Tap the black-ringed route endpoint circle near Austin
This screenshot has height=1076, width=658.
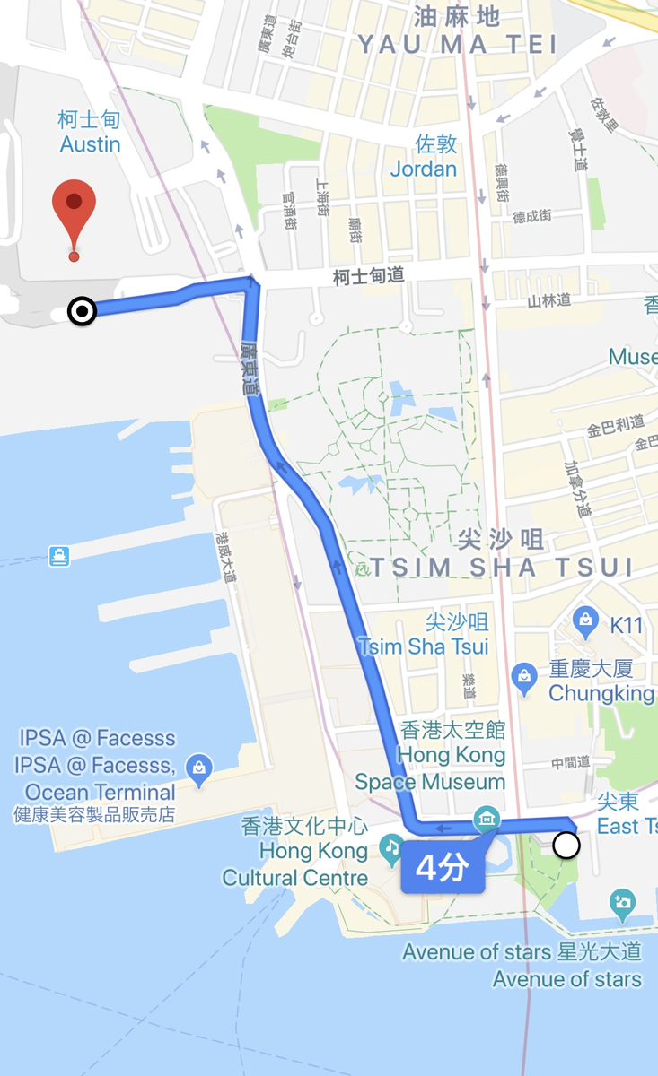[83, 311]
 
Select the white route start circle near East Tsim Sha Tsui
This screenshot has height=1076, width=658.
[566, 845]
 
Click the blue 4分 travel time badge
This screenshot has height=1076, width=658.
[443, 867]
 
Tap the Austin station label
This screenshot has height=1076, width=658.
[90, 132]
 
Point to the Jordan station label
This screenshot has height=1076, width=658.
[424, 156]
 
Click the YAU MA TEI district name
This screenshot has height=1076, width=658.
[457, 44]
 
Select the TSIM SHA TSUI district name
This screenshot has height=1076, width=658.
[502, 566]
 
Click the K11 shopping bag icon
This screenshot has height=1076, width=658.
[586, 619]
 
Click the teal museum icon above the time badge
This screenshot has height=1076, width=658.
[487, 817]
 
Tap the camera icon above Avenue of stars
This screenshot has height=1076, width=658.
[622, 903]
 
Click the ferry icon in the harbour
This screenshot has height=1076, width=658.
[59, 556]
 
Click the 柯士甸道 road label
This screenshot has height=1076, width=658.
[368, 277]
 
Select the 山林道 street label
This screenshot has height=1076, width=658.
[549, 300]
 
